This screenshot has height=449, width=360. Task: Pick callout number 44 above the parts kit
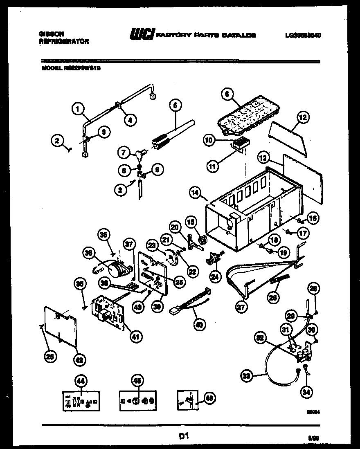(81, 381)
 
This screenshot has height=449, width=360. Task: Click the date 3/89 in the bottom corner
(314, 438)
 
